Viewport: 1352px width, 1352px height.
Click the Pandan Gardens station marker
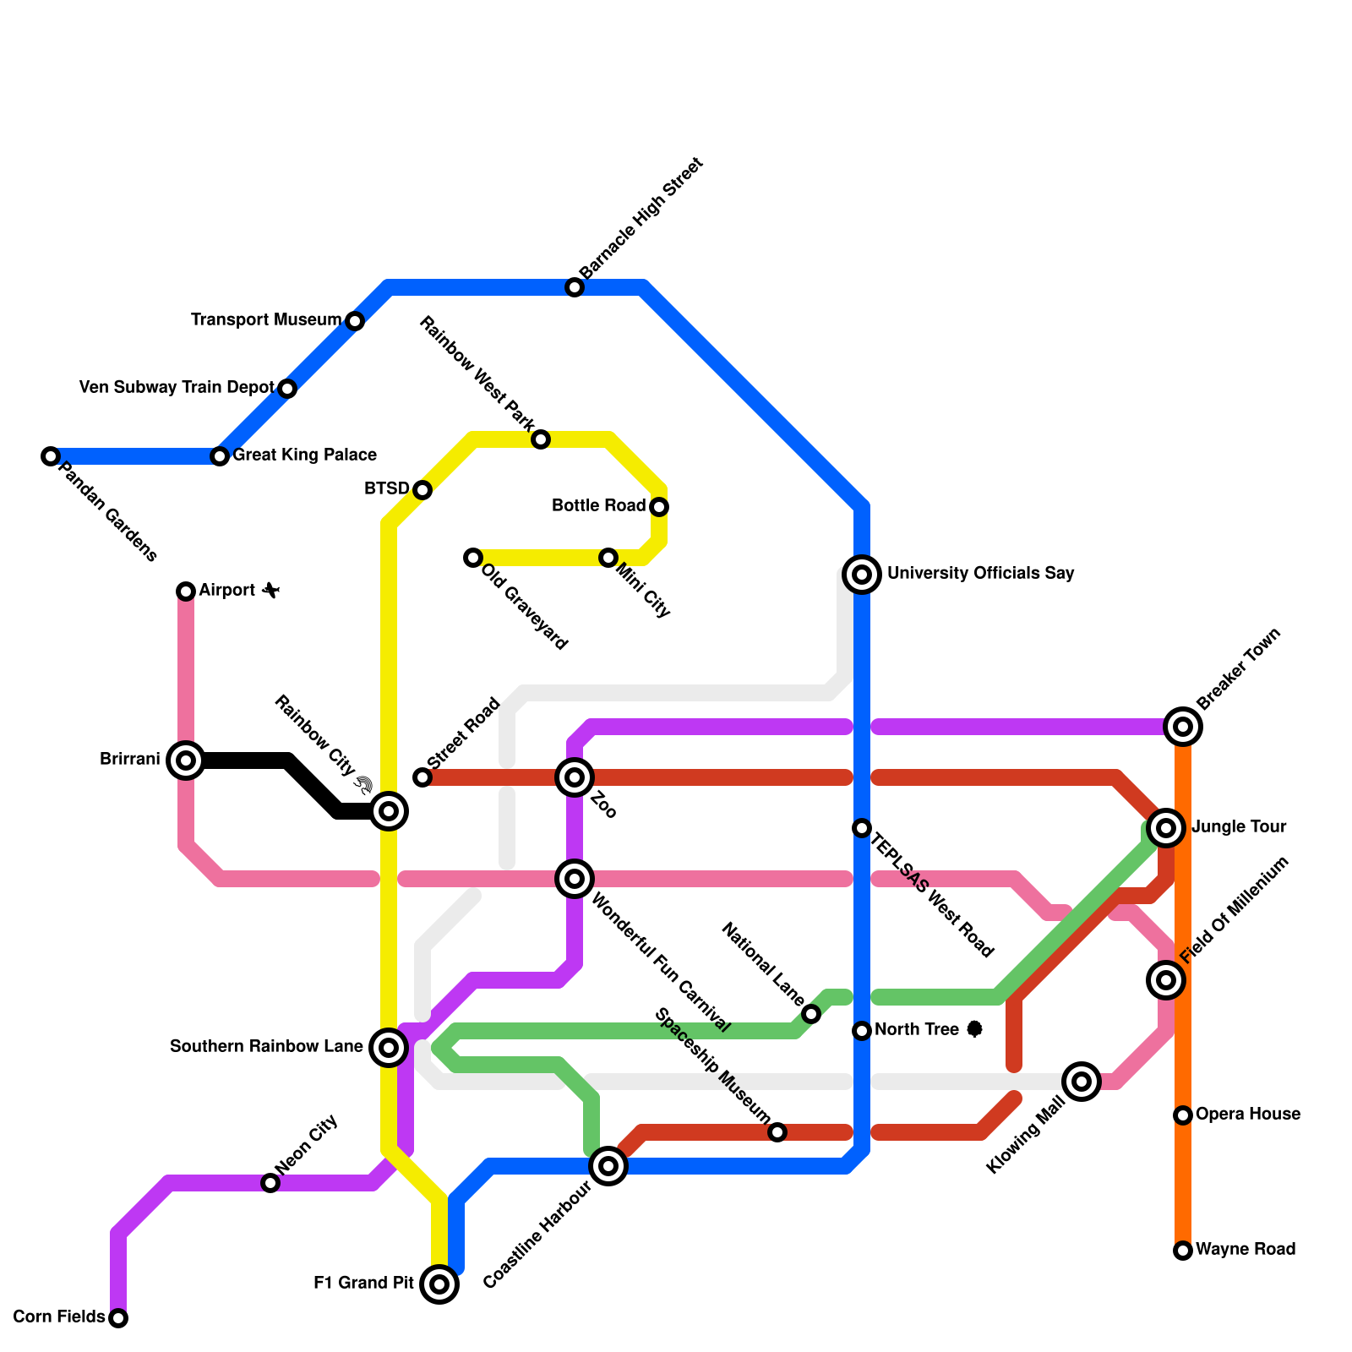pos(51,456)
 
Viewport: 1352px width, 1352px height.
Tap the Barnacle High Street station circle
pos(575,287)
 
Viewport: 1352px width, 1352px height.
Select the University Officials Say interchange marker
pos(862,575)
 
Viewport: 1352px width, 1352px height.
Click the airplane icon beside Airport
pos(270,590)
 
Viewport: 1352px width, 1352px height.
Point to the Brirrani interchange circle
pos(186,760)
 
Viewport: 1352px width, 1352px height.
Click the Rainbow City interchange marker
pos(389,811)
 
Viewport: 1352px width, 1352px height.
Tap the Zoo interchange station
pos(575,777)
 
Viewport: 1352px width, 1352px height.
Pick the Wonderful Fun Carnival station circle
pos(575,879)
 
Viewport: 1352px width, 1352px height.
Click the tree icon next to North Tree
pos(974,1029)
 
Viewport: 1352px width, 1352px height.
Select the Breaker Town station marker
pos(1183,727)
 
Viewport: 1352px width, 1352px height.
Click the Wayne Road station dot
pos(1183,1251)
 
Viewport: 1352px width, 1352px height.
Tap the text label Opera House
pos(1247,1115)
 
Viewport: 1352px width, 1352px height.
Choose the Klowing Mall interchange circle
pos(1082,1082)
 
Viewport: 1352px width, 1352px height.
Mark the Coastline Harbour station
pos(608,1166)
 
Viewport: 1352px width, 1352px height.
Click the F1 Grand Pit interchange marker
pos(439,1284)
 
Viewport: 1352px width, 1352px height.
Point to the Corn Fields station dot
pos(118,1318)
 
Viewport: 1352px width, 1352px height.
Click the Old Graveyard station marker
pos(473,558)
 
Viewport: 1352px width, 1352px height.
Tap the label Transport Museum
pos(265,320)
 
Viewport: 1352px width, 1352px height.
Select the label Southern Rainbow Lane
pos(266,1047)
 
